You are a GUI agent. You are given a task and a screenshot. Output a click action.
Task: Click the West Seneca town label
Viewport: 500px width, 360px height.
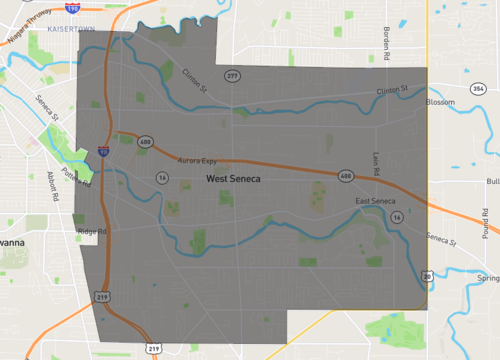point(233,179)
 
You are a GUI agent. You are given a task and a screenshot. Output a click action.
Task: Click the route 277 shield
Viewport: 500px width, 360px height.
point(232,76)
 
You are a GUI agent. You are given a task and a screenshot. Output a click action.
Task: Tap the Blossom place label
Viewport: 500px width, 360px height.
point(440,102)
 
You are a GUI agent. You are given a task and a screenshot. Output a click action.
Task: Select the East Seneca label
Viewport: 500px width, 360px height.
point(376,202)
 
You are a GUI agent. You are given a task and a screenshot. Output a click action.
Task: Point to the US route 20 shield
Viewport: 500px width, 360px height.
point(428,275)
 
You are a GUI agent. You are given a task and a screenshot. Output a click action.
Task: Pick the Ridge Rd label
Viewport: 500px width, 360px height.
point(91,231)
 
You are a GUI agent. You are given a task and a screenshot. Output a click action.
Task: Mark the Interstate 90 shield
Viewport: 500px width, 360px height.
point(104,153)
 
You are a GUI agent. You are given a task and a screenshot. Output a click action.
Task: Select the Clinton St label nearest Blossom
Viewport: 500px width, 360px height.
point(394,91)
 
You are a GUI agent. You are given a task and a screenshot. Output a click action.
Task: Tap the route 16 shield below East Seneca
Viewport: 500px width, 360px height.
point(397,216)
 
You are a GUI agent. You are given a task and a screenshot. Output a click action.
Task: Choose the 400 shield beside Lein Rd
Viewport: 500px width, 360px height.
point(346,176)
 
